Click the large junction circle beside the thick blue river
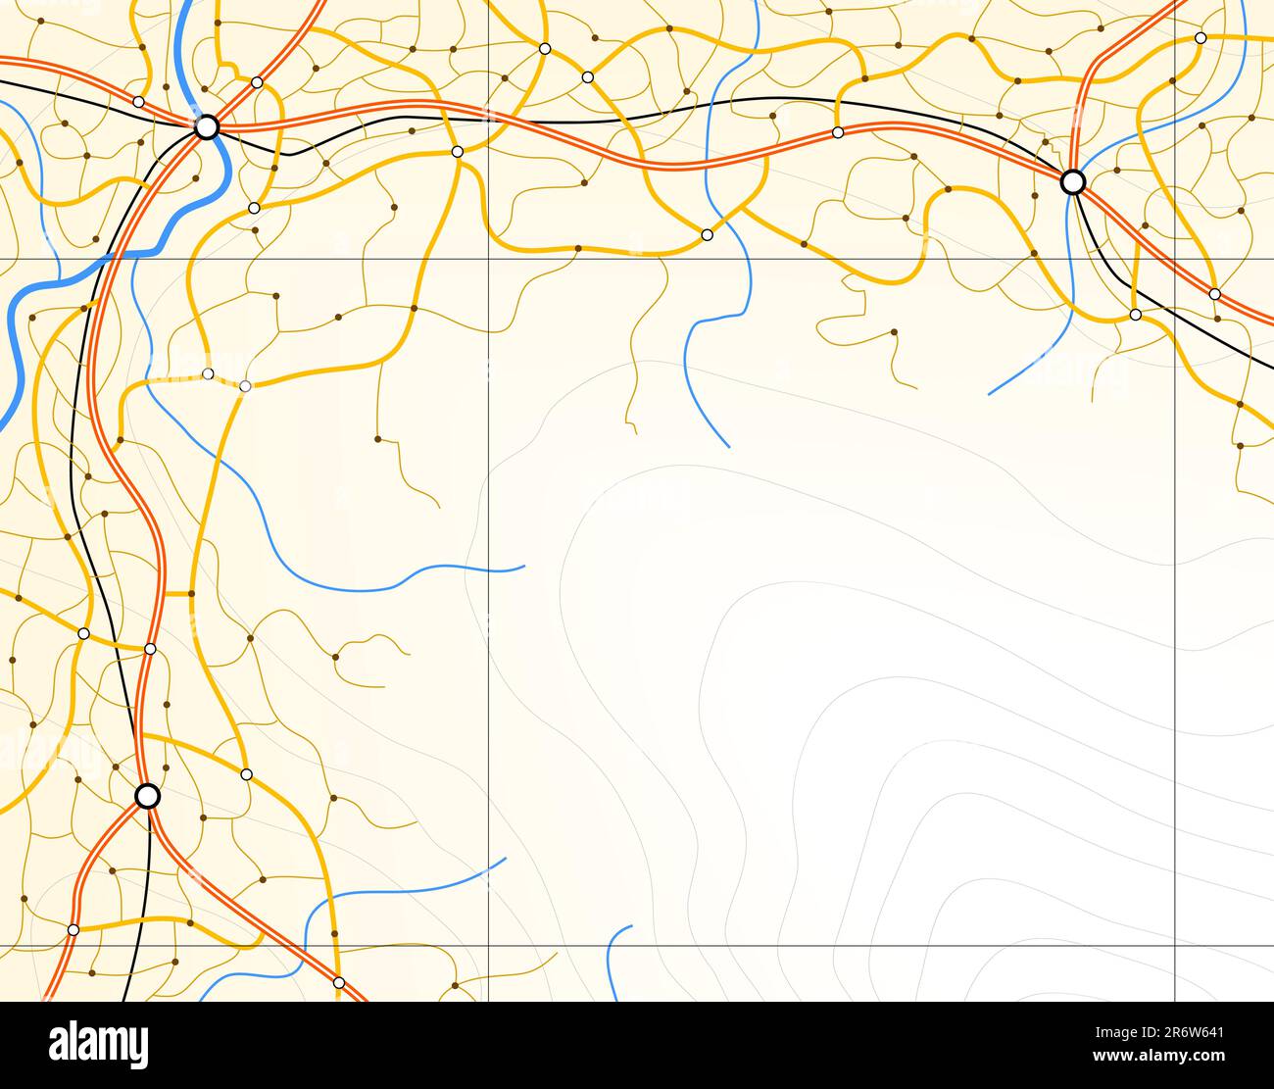pyautogui.click(x=206, y=127)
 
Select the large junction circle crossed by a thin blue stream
pyautogui.click(x=1073, y=181)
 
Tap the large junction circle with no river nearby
pyautogui.click(x=147, y=796)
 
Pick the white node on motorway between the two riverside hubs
pyautogui.click(x=838, y=132)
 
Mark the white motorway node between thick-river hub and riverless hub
pyautogui.click(x=150, y=649)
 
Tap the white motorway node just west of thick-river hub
pyautogui.click(x=138, y=102)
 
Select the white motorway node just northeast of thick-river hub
pyautogui.click(x=257, y=82)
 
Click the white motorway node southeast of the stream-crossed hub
pyautogui.click(x=1214, y=294)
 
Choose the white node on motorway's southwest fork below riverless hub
pyautogui.click(x=73, y=929)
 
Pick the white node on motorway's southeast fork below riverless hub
pyautogui.click(x=339, y=982)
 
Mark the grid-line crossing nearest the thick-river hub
pyautogui.click(x=489, y=259)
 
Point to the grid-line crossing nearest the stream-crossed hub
pyautogui.click(x=1175, y=259)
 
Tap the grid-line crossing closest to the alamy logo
pyautogui.click(x=489, y=947)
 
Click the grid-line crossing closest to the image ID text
pyautogui.click(x=1175, y=947)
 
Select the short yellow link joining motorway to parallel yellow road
pyautogui.click(x=176, y=593)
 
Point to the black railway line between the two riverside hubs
pyautogui.click(x=588, y=122)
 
